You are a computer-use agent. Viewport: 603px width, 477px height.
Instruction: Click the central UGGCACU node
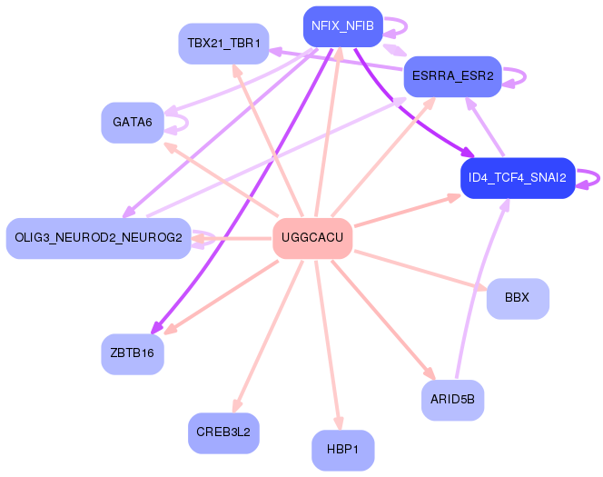pyautogui.click(x=312, y=238)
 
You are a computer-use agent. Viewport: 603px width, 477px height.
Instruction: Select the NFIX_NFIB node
pyautogui.click(x=342, y=26)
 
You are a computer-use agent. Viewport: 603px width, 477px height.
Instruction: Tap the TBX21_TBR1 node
pyautogui.click(x=223, y=44)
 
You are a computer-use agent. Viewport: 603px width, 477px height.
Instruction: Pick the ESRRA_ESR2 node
pyautogui.click(x=452, y=76)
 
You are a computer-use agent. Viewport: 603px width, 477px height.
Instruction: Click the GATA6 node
pyautogui.click(x=133, y=123)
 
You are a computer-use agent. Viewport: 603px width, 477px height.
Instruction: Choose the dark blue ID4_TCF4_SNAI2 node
pyautogui.click(x=518, y=178)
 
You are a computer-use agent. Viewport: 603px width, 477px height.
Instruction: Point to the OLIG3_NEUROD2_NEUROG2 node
pyautogui.click(x=98, y=238)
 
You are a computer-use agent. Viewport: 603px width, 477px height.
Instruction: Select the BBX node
pyautogui.click(x=518, y=299)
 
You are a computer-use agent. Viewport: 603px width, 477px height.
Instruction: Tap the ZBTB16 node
pyautogui.click(x=133, y=354)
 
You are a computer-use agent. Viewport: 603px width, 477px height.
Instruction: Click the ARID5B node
pyautogui.click(x=452, y=400)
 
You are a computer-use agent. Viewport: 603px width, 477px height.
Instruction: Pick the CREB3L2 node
pyautogui.click(x=223, y=433)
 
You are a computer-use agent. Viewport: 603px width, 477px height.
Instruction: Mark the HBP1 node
pyautogui.click(x=342, y=450)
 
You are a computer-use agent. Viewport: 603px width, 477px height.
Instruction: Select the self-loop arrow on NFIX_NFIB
pyautogui.click(x=406, y=26)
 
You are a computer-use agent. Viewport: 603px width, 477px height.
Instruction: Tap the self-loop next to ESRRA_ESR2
pyautogui.click(x=525, y=76)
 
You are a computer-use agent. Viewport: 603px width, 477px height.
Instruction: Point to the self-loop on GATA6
pyautogui.click(x=187, y=123)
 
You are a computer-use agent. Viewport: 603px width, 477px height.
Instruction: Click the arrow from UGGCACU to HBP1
pyautogui.click(x=327, y=344)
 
